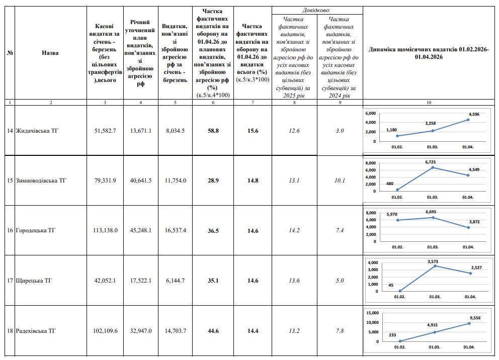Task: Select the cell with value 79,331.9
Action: [x=105, y=181]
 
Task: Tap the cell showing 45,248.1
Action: [x=140, y=230]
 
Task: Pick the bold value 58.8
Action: [x=213, y=131]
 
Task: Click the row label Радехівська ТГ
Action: [x=37, y=331]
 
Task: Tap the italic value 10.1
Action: [x=340, y=181]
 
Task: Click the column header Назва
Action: [x=50, y=52]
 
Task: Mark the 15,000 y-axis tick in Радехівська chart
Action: [x=371, y=313]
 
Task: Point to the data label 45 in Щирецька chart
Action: [x=391, y=285]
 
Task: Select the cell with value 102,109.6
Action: [x=105, y=331]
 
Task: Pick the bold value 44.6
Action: [x=213, y=331]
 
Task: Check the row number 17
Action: [x=10, y=281]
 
